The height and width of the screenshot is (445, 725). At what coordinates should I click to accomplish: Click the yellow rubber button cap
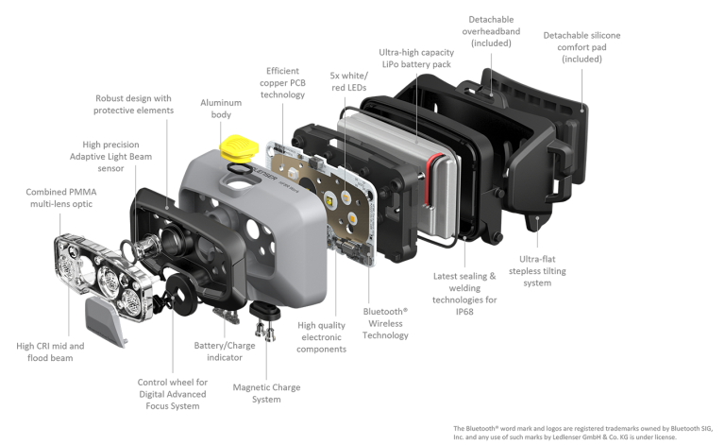(239, 148)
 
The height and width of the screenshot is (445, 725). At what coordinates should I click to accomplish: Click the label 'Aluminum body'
(221, 109)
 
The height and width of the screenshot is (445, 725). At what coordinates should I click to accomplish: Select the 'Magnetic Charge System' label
(266, 393)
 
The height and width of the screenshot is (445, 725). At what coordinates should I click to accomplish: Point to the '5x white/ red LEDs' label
(349, 81)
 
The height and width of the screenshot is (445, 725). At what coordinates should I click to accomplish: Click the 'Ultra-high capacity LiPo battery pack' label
(416, 59)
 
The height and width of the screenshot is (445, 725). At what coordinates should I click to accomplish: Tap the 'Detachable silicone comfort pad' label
(582, 47)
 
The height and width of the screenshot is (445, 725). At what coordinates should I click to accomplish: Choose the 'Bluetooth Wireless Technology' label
(385, 323)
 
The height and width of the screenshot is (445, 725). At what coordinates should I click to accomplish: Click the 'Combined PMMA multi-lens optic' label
(61, 198)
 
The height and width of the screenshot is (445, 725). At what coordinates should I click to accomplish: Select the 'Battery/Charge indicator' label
(225, 351)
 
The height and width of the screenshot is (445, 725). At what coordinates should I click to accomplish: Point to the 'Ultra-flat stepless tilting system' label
(537, 271)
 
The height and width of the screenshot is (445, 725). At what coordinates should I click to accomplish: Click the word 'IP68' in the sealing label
(464, 312)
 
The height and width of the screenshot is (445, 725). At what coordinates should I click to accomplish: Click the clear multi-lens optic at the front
(104, 276)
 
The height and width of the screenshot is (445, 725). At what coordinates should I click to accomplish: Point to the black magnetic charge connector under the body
(265, 311)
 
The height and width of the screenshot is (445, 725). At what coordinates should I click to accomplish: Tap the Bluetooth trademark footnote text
(582, 433)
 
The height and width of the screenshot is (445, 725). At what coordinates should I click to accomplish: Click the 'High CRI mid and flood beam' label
(50, 352)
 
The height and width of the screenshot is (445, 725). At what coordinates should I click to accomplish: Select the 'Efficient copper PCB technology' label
(282, 83)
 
